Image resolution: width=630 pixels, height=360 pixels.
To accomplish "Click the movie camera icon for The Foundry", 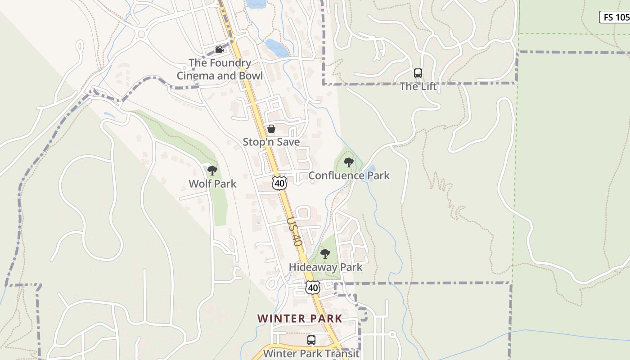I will coord(219,49).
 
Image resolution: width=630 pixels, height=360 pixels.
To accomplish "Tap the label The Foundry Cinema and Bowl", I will coord(220,69).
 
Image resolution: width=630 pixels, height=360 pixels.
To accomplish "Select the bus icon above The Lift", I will coord(418,73).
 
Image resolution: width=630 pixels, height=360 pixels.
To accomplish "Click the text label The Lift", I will coord(418,86).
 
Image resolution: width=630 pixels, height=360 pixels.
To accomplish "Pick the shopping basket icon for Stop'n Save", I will coord(271,129).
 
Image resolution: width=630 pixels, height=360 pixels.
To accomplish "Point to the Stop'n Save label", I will coord(271,142).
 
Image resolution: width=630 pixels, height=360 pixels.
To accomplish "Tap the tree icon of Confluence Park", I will coord(348,162).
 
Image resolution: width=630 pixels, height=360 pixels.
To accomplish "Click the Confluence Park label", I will coord(349,175).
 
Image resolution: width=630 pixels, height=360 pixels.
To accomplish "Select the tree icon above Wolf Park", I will coord(212,171).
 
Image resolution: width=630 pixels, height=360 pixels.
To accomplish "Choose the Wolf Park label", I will coord(212,184).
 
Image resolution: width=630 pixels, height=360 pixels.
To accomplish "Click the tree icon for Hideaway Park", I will coord(325,254).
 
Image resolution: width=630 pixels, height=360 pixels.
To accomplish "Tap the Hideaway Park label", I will coord(325,267).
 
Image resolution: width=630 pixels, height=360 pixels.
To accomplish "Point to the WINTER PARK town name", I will coord(300,319).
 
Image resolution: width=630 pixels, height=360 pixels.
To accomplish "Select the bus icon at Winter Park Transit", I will coord(311,340).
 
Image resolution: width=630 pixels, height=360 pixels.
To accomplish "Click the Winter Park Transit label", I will coord(311,353).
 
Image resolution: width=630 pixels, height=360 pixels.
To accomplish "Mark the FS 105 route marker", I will coord(615,17).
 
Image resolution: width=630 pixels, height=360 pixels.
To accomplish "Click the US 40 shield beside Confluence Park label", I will coord(279,183).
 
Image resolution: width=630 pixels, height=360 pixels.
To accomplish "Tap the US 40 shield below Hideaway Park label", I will coord(313,288).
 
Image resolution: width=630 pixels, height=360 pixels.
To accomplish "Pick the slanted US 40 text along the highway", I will coord(294,232).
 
